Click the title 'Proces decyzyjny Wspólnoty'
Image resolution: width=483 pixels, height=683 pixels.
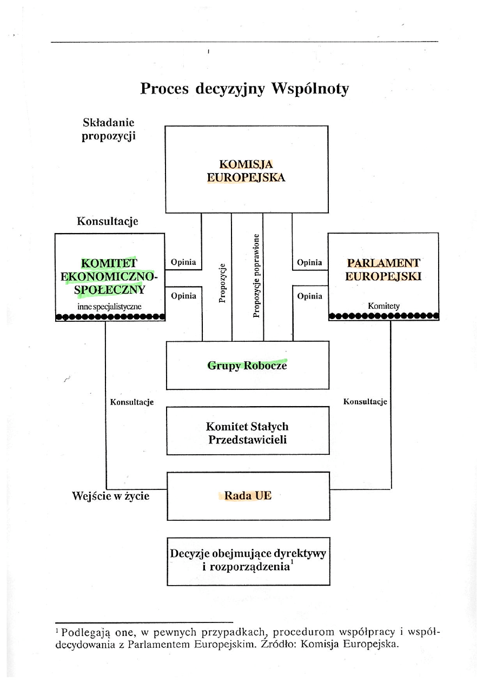coord(244,89)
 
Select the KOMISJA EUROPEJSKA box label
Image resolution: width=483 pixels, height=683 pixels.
coord(246,171)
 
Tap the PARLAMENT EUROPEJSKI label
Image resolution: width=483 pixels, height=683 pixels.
coord(383,269)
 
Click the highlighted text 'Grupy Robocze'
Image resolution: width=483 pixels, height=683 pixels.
coord(247,366)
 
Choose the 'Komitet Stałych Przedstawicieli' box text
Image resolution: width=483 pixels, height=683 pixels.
coord(248,433)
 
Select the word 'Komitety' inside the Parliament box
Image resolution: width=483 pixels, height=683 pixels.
coord(383,306)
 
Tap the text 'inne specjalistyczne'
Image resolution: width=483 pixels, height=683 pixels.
coord(109,307)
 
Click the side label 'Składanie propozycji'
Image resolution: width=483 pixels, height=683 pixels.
coord(108,129)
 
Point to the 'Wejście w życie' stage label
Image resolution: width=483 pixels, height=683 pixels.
coord(111,495)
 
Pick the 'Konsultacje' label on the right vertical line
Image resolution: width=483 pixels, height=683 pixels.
coord(365,402)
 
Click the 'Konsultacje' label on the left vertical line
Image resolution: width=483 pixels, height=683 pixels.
coord(132,402)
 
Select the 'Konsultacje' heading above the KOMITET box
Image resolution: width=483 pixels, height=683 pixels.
coord(107,221)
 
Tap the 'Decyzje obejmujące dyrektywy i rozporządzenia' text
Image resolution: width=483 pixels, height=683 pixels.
coord(248,560)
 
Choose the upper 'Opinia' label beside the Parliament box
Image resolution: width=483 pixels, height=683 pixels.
coord(309,263)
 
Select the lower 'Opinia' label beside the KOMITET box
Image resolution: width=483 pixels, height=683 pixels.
coord(183,296)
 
